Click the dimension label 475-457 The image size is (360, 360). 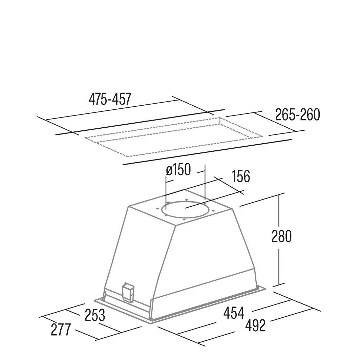tap(110, 99)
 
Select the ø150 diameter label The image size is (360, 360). tap(178, 170)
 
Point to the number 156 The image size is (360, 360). tap(240, 176)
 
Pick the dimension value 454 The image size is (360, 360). tap(234, 313)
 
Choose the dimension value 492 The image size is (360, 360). tap(255, 325)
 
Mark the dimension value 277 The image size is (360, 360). tap(61, 330)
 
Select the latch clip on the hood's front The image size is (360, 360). tap(128, 291)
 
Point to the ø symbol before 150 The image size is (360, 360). tap(169, 170)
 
